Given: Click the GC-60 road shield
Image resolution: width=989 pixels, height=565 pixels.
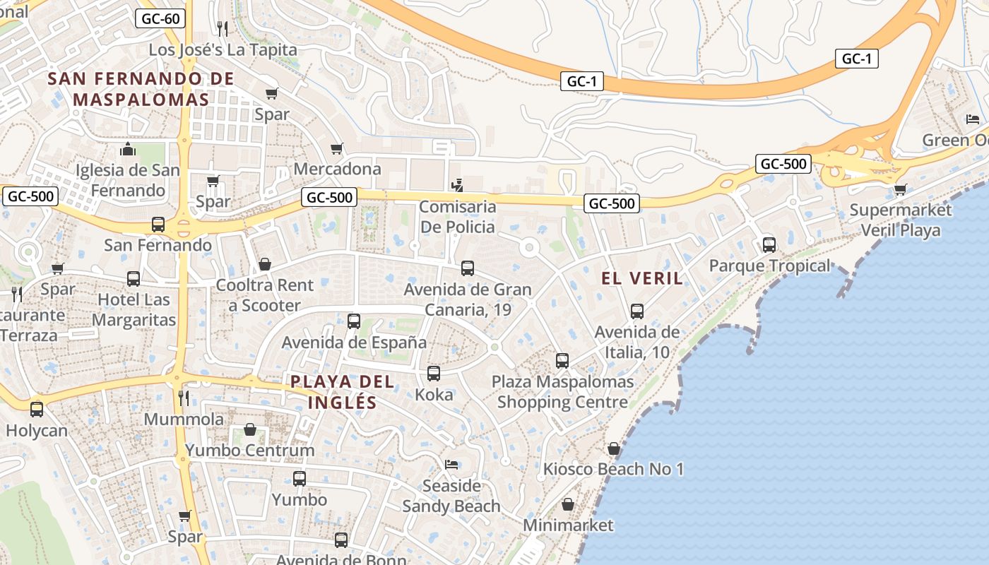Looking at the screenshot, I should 160,18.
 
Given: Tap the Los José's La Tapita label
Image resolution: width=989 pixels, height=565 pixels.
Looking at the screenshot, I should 223,50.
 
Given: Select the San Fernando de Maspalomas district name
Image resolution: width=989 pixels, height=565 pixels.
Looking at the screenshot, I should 141,89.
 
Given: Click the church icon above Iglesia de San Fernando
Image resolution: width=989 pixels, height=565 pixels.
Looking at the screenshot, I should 128,149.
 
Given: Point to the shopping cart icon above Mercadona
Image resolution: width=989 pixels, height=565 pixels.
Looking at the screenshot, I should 337,149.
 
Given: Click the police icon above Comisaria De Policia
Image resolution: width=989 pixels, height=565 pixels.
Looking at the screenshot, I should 457,186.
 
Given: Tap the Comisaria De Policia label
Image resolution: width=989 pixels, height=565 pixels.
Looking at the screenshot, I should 457,218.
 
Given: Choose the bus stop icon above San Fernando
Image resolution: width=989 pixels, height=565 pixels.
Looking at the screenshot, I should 158,225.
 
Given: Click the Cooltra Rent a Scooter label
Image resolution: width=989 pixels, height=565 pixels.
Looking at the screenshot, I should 264,295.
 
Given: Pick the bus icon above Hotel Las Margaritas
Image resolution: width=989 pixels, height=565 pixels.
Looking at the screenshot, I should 134,279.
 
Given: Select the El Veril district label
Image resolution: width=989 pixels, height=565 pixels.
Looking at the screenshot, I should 642,278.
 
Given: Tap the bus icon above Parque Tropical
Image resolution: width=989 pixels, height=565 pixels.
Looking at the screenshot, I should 769,245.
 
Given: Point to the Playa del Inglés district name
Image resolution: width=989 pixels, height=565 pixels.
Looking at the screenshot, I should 343,392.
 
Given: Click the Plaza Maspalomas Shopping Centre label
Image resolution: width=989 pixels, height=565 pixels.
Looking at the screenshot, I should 562,392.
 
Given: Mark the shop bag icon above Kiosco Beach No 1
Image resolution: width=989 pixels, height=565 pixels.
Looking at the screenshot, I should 614,448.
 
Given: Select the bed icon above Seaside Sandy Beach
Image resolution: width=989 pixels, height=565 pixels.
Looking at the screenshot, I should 451,465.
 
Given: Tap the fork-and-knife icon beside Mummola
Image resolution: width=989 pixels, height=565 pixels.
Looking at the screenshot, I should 184,398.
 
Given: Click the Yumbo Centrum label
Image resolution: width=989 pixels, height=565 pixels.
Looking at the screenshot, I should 249,450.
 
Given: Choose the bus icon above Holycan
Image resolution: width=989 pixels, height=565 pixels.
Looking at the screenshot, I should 37,409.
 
